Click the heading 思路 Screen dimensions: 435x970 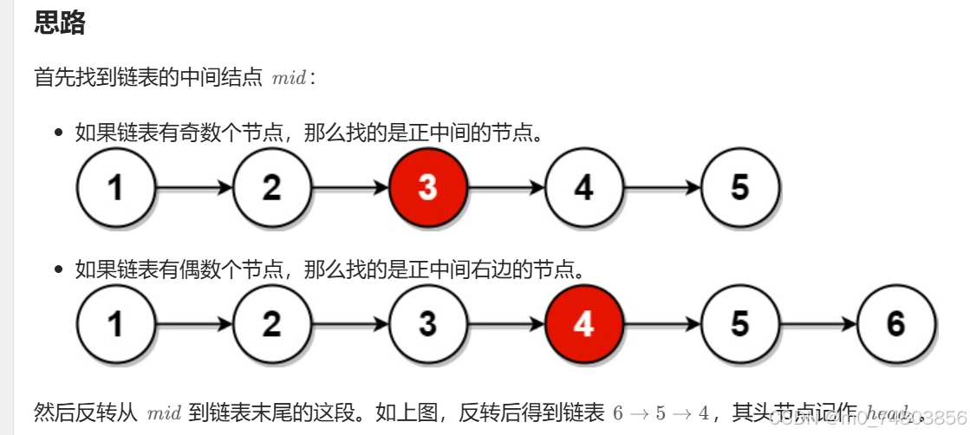click(x=60, y=23)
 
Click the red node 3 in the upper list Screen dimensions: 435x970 click(x=428, y=187)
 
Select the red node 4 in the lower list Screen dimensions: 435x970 click(x=584, y=323)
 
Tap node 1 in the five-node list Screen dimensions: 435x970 click(x=116, y=187)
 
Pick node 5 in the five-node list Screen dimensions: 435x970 click(x=740, y=187)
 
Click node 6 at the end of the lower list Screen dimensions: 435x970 click(x=896, y=323)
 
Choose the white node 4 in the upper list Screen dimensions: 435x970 click(x=584, y=187)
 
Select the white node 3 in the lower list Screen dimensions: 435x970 click(x=428, y=323)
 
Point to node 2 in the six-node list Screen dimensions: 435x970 click(x=272, y=323)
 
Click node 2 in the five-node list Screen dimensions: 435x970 click(x=272, y=187)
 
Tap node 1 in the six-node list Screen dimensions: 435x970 click(x=116, y=323)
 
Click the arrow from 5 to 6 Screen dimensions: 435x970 click(x=818, y=323)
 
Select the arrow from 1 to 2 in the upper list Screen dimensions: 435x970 click(x=194, y=187)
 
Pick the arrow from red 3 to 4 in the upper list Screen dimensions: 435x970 click(x=506, y=187)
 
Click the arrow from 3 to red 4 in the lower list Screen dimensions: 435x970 click(x=506, y=323)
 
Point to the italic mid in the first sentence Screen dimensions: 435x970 click(x=289, y=78)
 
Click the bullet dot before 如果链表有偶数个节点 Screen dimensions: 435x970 click(x=59, y=270)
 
